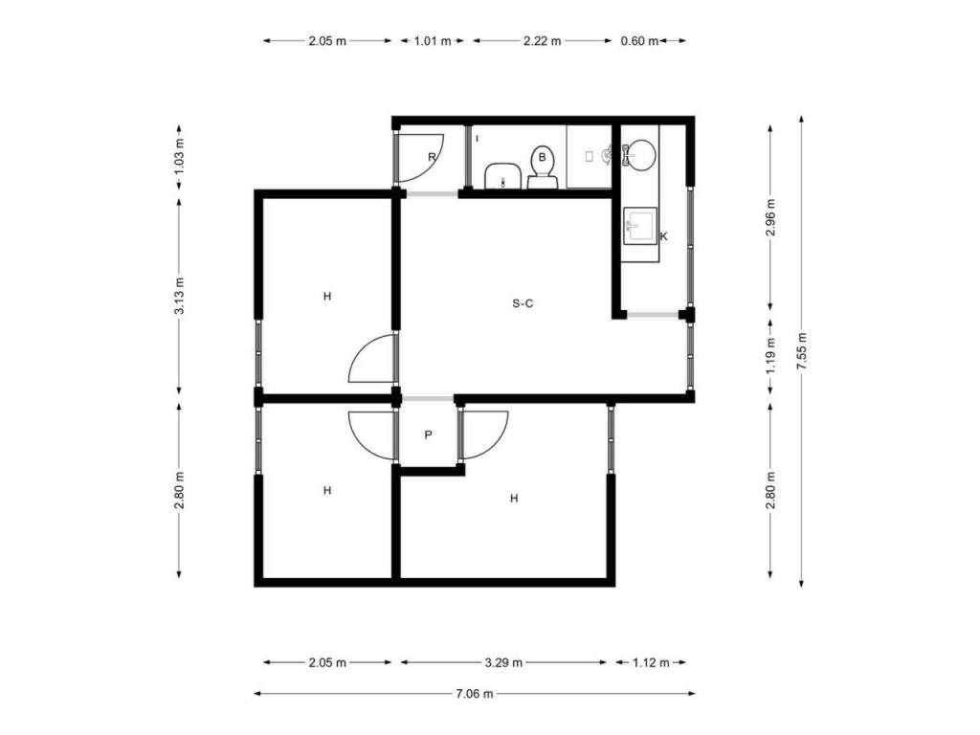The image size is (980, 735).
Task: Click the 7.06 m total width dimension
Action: coord(475,693)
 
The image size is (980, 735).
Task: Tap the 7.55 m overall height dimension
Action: coord(802,350)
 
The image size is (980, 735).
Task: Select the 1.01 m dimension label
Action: coord(433,41)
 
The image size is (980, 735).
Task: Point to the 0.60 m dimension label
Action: coord(639,41)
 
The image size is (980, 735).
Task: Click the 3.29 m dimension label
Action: coord(503,662)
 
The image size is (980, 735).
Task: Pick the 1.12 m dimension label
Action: coord(651,662)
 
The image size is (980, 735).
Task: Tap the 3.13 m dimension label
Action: coord(179,296)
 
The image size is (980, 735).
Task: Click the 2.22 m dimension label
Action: coord(542,41)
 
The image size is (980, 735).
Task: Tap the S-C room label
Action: coord(523,303)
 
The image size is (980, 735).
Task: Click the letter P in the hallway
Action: coord(428,435)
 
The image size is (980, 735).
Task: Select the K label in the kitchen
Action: coord(664,236)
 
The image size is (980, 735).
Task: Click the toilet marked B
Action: coord(542,167)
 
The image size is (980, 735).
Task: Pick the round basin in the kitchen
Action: coord(639,154)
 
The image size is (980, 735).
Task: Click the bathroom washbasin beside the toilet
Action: coord(503,176)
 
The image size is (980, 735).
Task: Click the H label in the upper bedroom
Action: coord(327,297)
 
